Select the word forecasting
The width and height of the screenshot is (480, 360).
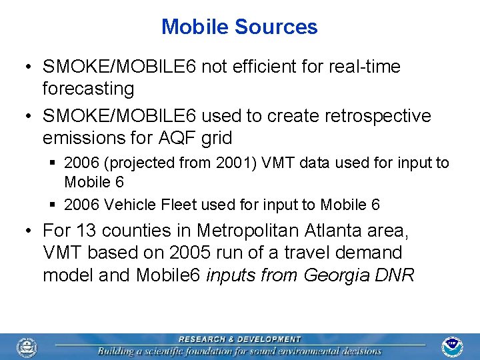pyautogui.click(x=88, y=89)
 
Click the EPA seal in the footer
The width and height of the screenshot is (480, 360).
pyautogui.click(x=27, y=347)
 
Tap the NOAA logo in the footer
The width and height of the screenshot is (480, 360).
pyautogui.click(x=453, y=347)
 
